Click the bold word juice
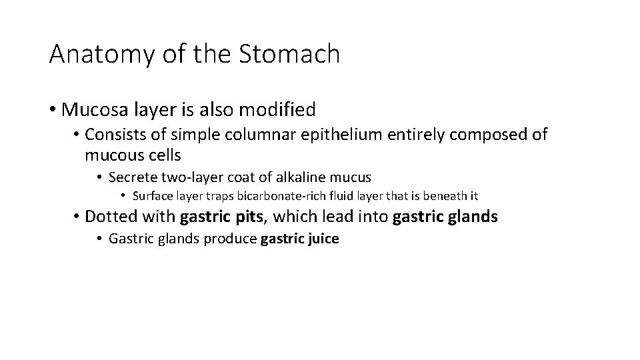[323, 239]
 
